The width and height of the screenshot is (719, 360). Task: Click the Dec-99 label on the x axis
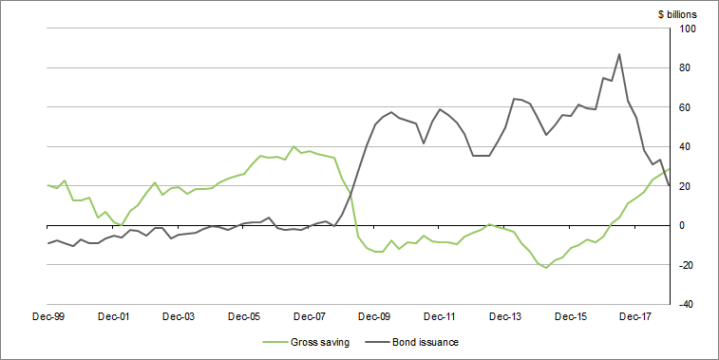coord(47,315)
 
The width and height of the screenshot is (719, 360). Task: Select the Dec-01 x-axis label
coord(113,315)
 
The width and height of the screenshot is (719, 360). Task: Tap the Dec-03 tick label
coord(179,315)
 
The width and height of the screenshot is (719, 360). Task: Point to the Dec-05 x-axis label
coord(244,315)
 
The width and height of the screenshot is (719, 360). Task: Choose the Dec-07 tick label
coord(310,315)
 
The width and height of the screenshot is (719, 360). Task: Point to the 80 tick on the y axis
coord(686,68)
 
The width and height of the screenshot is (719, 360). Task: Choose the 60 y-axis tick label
coord(686,107)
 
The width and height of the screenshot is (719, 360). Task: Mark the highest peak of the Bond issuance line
coord(619,54)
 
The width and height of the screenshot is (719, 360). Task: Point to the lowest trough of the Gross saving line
coord(546,268)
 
